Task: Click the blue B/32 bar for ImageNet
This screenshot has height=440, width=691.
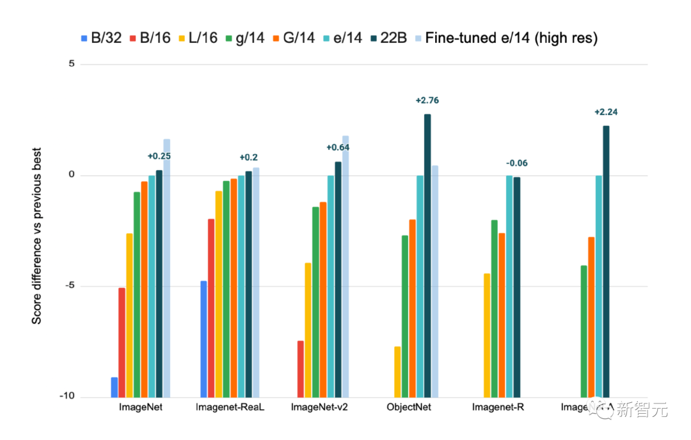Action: click(x=114, y=387)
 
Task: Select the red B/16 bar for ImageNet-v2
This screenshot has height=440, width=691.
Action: click(x=301, y=369)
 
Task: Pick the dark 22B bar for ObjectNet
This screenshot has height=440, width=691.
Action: click(x=427, y=256)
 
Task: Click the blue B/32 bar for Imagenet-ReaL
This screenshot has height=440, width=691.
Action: click(x=203, y=339)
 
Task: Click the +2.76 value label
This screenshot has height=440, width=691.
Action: click(x=427, y=100)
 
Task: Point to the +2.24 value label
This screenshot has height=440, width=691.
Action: click(x=606, y=112)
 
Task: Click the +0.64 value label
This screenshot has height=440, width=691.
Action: click(x=338, y=148)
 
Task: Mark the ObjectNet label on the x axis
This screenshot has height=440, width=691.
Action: click(x=409, y=407)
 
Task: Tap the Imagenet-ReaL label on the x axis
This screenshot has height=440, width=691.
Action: click(x=230, y=407)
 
